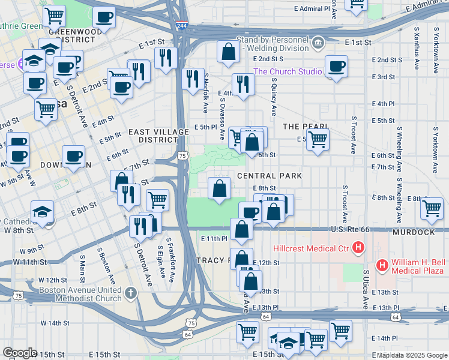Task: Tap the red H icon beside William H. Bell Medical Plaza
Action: pyautogui.click(x=381, y=264)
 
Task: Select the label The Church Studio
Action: pyautogui.click(x=288, y=71)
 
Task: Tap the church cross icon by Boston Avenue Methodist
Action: pyautogui.click(x=131, y=294)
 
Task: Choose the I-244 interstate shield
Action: pyautogui.click(x=181, y=27)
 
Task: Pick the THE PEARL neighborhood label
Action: pyautogui.click(x=305, y=127)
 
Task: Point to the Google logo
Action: pyautogui.click(x=20, y=353)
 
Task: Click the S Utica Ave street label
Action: pyautogui.click(x=366, y=289)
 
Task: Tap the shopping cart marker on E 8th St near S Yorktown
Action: pyautogui.click(x=432, y=208)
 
